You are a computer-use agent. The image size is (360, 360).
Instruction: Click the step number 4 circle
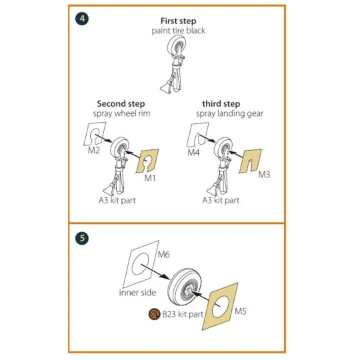tap(82, 19)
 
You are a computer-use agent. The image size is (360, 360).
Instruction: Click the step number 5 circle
tap(82, 238)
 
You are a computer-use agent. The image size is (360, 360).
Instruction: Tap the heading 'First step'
tap(179, 21)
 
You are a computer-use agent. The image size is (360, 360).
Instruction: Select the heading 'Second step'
tap(121, 104)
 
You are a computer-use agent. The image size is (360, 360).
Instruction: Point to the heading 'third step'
tap(221, 104)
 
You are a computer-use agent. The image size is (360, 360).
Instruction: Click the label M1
tap(150, 178)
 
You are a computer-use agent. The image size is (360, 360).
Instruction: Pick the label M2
tap(94, 151)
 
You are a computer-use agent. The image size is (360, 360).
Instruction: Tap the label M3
tap(264, 175)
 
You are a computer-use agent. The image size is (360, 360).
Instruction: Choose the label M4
tap(193, 153)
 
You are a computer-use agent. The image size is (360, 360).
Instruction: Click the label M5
tap(241, 311)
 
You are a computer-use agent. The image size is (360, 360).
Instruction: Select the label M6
tap(164, 255)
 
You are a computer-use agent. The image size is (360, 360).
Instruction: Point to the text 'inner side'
tap(137, 293)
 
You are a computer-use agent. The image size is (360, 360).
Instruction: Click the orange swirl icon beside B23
tap(154, 314)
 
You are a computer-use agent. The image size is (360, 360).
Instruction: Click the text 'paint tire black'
tap(179, 31)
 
